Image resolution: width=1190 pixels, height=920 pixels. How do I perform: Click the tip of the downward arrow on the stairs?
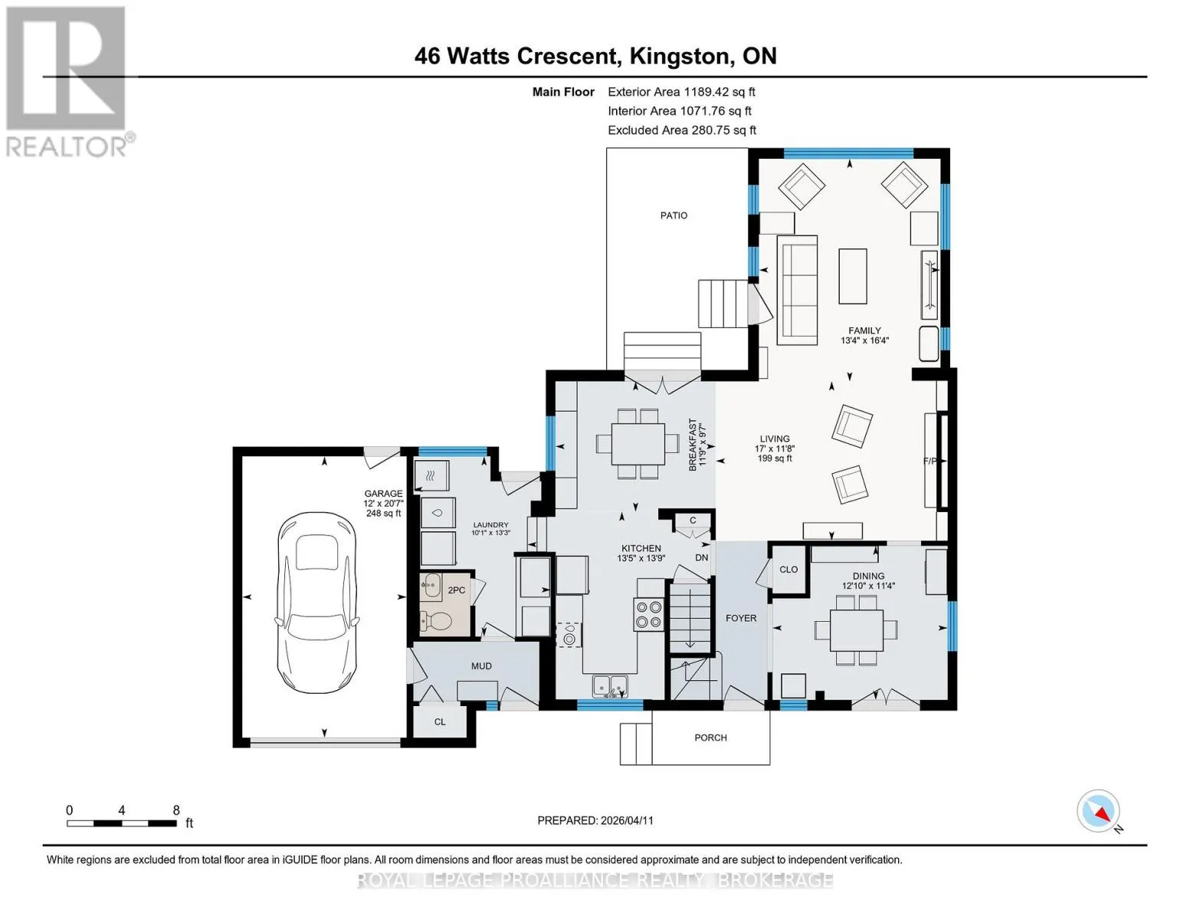[690, 648]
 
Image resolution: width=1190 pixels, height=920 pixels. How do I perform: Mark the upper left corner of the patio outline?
[607, 149]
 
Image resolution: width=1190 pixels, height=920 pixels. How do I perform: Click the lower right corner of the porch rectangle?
[770, 764]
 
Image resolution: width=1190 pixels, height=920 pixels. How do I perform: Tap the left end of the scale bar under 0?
[67, 823]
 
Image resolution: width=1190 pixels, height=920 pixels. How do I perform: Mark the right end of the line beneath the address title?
[1147, 77]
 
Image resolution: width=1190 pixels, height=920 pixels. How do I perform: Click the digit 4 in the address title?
[421, 56]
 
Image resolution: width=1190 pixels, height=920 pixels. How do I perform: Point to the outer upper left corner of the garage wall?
[233, 448]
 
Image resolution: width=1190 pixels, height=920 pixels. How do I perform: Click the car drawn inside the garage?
[317, 603]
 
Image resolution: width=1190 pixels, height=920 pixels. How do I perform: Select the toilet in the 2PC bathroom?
[437, 621]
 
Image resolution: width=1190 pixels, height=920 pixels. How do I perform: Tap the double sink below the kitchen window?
[610, 686]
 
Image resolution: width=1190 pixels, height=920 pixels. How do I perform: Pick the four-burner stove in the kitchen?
[648, 614]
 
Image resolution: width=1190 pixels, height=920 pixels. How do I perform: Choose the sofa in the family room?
[798, 291]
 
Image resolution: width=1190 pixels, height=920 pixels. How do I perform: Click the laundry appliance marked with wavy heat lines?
[431, 475]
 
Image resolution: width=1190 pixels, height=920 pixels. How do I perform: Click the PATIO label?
[674, 216]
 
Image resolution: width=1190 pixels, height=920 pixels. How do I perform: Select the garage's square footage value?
[383, 514]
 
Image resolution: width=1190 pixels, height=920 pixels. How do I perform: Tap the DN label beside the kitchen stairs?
[702, 558]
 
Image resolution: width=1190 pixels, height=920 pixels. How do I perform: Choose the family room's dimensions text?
[864, 340]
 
